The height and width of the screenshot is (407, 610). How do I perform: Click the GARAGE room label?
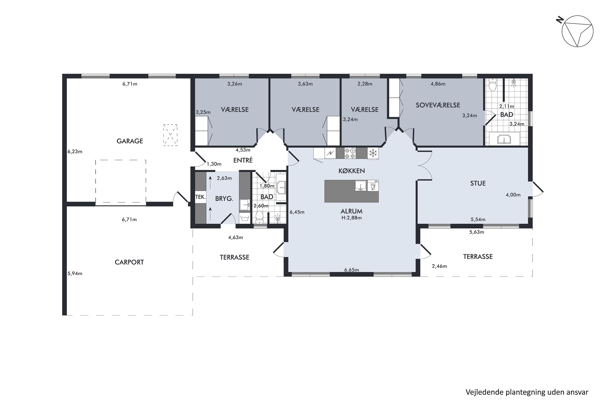tap(130, 141)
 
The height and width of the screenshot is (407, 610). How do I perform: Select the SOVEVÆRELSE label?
tap(438, 105)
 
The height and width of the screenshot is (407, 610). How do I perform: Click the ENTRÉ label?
tap(243, 160)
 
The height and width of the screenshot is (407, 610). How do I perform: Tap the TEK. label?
tap(200, 197)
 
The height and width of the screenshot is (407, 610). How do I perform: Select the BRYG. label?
tap(224, 199)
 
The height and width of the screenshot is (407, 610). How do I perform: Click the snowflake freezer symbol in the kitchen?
tap(373, 153)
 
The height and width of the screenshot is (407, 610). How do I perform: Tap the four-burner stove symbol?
tap(350, 153)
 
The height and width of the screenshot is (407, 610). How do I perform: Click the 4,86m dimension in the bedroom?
tap(438, 84)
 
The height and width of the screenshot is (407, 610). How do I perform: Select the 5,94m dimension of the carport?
tap(75, 273)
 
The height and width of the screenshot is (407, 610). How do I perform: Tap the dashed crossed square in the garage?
tap(170, 135)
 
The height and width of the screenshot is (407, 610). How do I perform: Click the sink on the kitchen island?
tap(361, 186)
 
